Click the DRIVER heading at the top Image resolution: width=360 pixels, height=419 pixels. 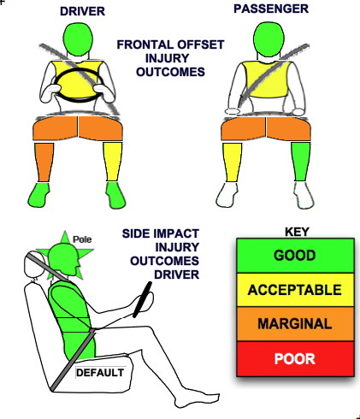[x=82, y=11]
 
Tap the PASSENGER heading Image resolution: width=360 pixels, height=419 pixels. [x=271, y=9]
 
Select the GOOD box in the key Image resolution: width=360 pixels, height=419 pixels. [x=295, y=256]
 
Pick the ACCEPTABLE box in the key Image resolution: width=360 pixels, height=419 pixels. [x=295, y=290]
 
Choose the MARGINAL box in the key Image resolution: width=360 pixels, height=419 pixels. [x=295, y=324]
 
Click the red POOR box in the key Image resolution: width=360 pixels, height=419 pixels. [x=295, y=359]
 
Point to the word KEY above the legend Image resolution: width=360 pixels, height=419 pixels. [x=297, y=232]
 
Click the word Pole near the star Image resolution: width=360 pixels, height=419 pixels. [x=82, y=239]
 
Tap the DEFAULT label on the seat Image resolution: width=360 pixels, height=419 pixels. [x=100, y=373]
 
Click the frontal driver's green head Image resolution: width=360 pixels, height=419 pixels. [x=78, y=39]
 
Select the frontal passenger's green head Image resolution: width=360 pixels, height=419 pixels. [x=269, y=39]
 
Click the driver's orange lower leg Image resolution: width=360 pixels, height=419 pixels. [x=44, y=162]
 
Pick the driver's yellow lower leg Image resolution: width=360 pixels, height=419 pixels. [x=113, y=162]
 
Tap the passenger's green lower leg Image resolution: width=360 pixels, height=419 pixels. [x=301, y=162]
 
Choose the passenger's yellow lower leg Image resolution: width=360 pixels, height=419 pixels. [x=233, y=162]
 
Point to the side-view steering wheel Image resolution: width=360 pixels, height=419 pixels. [x=142, y=299]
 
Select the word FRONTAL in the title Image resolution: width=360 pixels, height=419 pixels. [x=146, y=44]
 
